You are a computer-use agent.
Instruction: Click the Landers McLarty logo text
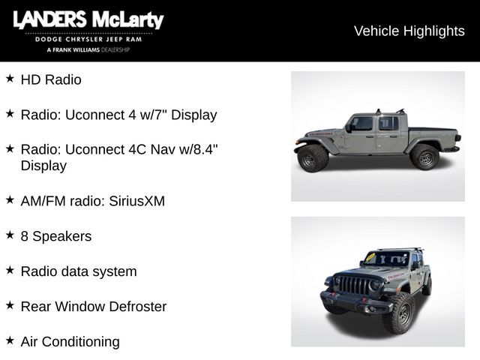click(x=88, y=20)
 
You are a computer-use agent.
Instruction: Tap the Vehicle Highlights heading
click(x=409, y=31)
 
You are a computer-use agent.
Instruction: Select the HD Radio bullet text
click(x=51, y=79)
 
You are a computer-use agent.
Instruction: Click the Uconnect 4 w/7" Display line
click(x=118, y=115)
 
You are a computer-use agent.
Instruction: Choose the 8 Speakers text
click(x=56, y=236)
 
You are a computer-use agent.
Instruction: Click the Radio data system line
click(x=79, y=271)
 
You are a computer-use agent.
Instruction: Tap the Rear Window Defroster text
click(x=94, y=307)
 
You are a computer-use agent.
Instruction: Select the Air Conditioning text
click(x=70, y=342)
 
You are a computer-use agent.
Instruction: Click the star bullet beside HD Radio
click(x=10, y=78)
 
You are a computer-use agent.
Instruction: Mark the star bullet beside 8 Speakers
click(x=10, y=235)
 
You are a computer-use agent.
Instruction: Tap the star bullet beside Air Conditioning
click(x=10, y=340)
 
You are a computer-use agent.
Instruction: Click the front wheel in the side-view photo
click(x=313, y=157)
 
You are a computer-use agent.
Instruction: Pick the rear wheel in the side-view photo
click(x=424, y=157)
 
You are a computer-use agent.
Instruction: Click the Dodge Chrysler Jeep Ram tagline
click(x=88, y=39)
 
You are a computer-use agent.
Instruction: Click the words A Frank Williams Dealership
click(x=88, y=49)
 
